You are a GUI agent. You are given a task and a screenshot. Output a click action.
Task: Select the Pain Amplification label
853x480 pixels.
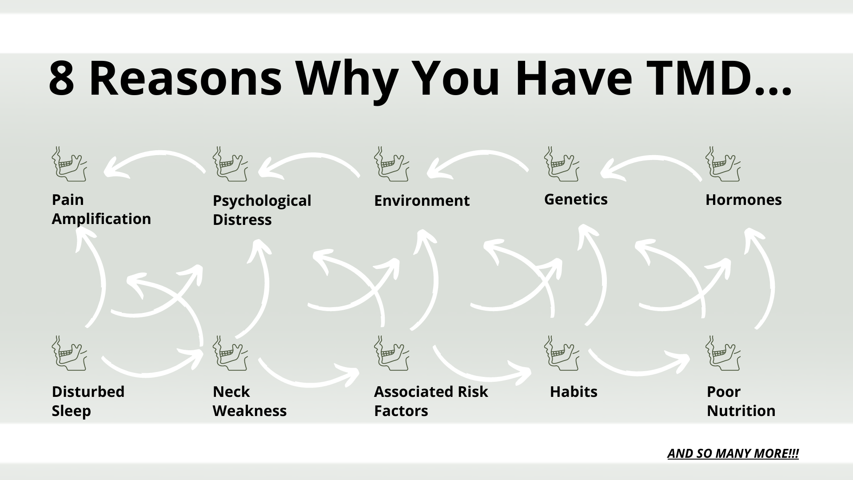click(101, 209)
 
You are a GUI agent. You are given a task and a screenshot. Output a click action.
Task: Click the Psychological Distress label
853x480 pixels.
click(262, 210)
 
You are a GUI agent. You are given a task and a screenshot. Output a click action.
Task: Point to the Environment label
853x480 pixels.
click(421, 200)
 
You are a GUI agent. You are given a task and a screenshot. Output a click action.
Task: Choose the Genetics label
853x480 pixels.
click(575, 199)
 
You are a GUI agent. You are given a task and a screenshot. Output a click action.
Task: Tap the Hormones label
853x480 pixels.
click(743, 200)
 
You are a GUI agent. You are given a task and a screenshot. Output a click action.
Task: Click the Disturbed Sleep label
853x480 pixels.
click(88, 401)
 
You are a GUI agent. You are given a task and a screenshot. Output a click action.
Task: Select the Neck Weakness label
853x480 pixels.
click(249, 401)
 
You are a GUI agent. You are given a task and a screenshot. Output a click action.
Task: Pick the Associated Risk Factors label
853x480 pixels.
click(430, 401)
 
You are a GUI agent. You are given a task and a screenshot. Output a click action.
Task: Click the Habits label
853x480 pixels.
click(573, 392)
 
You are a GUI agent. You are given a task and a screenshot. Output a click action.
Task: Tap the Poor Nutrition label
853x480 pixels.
click(741, 401)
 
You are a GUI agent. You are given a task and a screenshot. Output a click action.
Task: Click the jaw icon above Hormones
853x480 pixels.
click(723, 164)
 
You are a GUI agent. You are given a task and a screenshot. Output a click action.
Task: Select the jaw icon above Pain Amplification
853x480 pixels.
click(69, 164)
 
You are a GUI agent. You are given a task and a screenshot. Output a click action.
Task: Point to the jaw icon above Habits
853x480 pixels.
click(562, 353)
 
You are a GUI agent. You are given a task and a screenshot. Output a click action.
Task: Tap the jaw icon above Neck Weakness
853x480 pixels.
click(230, 353)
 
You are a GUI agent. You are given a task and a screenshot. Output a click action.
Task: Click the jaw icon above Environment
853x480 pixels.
click(391, 164)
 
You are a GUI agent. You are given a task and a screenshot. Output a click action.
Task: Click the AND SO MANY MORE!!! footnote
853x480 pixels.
click(733, 453)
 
